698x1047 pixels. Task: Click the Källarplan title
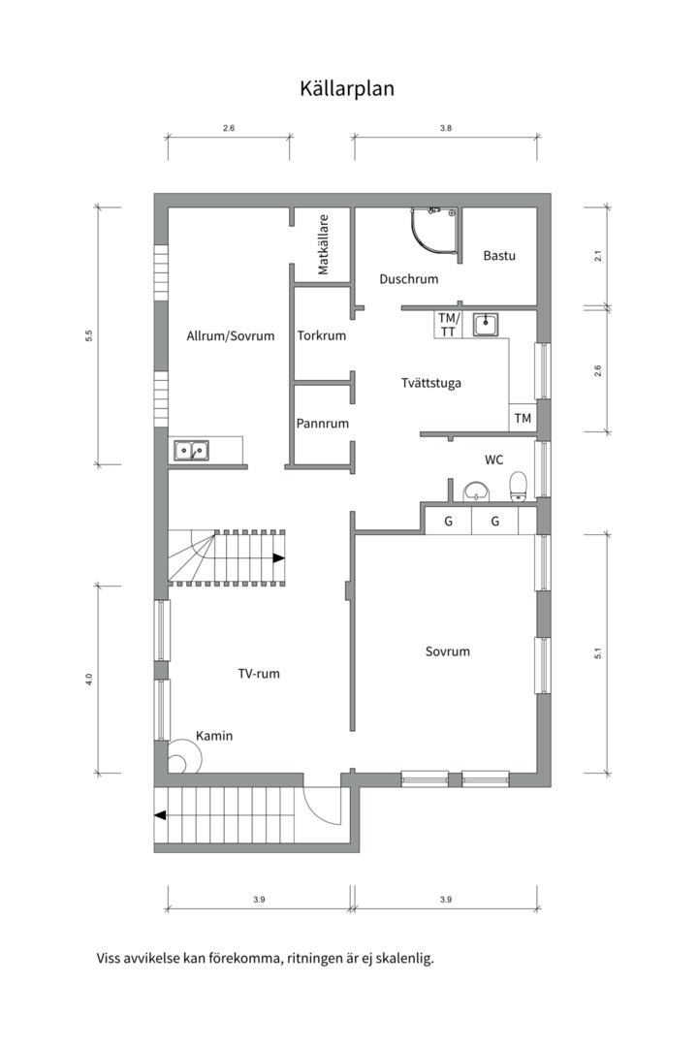pyautogui.click(x=347, y=89)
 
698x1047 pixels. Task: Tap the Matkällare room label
pyautogui.click(x=323, y=245)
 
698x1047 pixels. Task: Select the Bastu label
pyautogui.click(x=499, y=255)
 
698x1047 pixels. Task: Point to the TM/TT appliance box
pyautogui.click(x=448, y=325)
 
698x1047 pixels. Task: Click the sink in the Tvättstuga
pyautogui.click(x=486, y=325)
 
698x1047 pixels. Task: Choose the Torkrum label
pyautogui.click(x=321, y=335)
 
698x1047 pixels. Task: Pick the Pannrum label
pyautogui.click(x=323, y=424)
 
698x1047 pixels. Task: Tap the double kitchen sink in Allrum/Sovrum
pyautogui.click(x=192, y=451)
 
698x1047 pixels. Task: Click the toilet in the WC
pyautogui.click(x=519, y=486)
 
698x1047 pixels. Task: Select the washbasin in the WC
pyautogui.click(x=476, y=492)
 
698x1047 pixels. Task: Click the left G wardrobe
pyautogui.click(x=448, y=521)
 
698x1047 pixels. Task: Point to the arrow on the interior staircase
pyautogui.click(x=278, y=558)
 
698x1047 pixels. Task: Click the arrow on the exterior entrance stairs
pyautogui.click(x=160, y=815)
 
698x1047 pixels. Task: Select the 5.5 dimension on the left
pyautogui.click(x=89, y=335)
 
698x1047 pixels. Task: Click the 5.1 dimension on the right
pyautogui.click(x=598, y=653)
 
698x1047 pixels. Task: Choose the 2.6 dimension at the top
pyautogui.click(x=229, y=128)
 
